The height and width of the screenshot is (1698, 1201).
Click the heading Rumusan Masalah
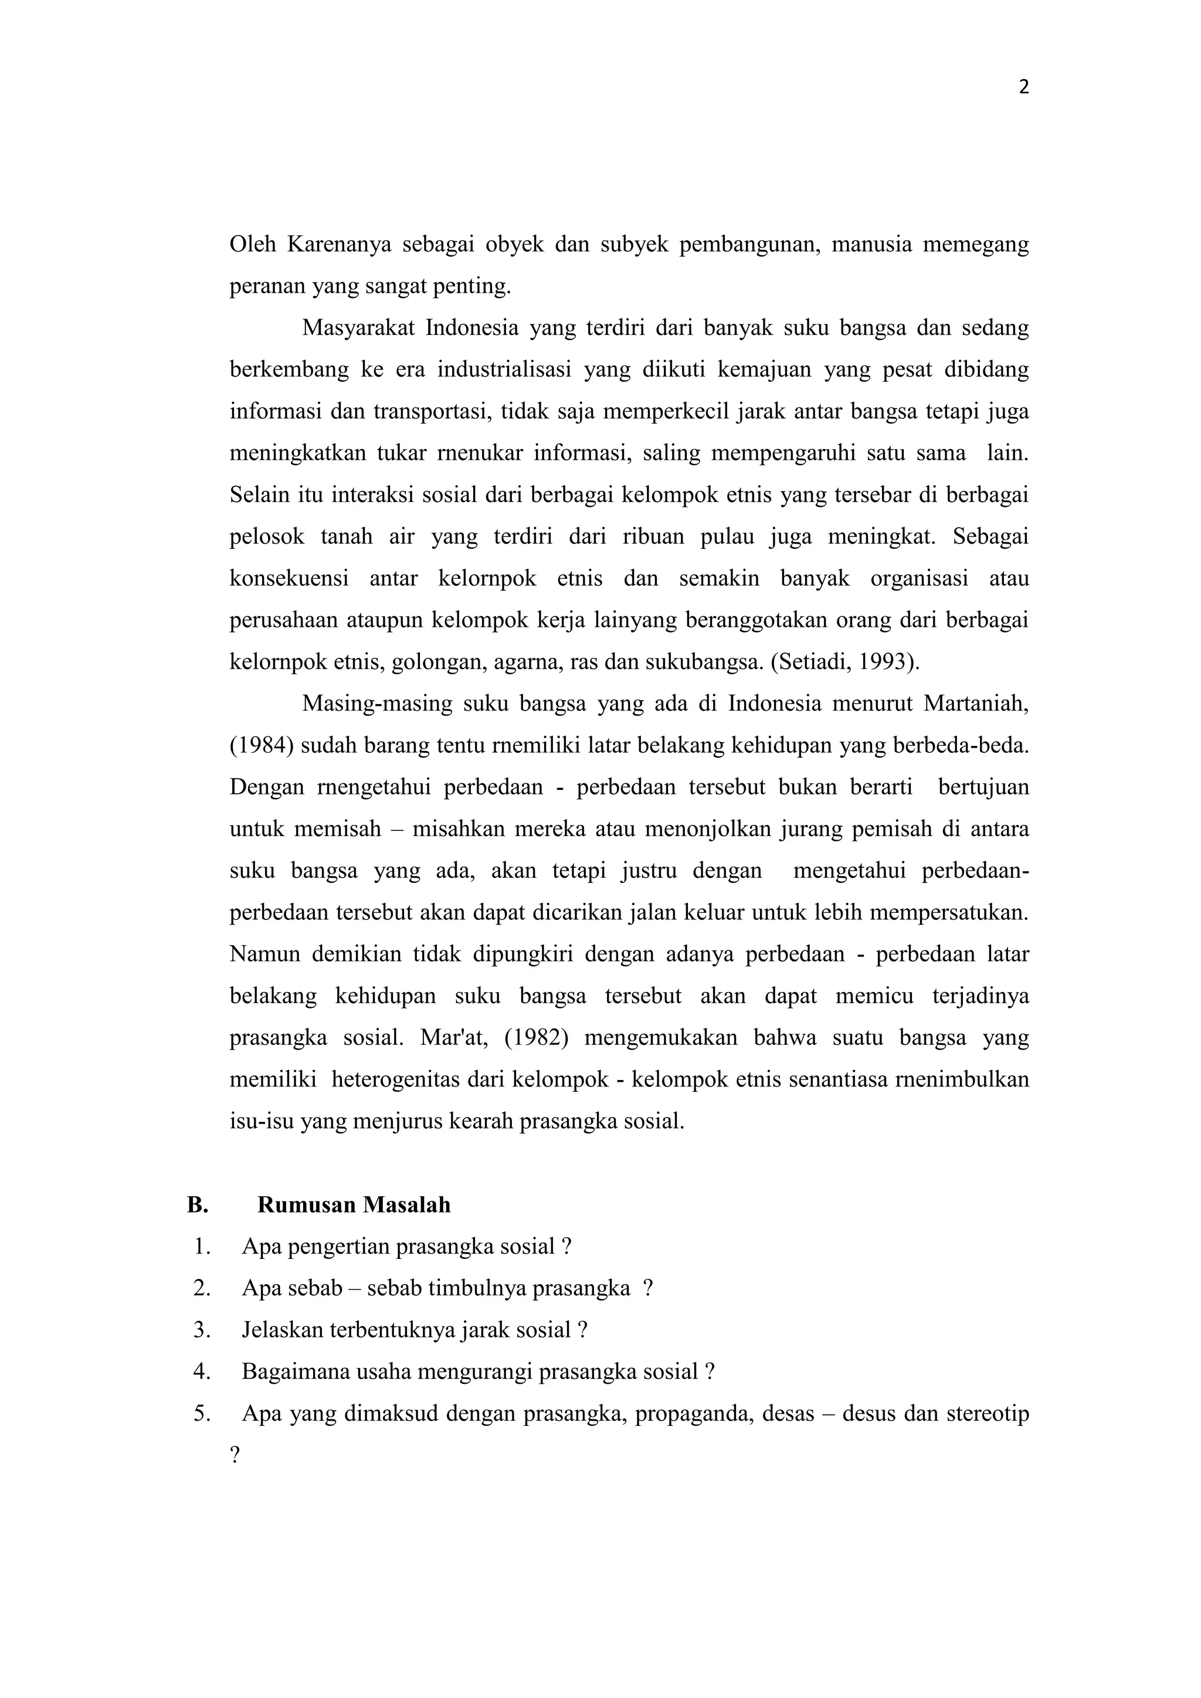coord(354,1205)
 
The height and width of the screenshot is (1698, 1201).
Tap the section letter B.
coord(196,1205)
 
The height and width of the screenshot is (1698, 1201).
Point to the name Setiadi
coord(816,661)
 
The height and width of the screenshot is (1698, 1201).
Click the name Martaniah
coord(976,704)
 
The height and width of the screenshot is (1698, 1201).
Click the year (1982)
coord(536,1038)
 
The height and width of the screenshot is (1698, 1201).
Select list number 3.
coord(202,1330)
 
